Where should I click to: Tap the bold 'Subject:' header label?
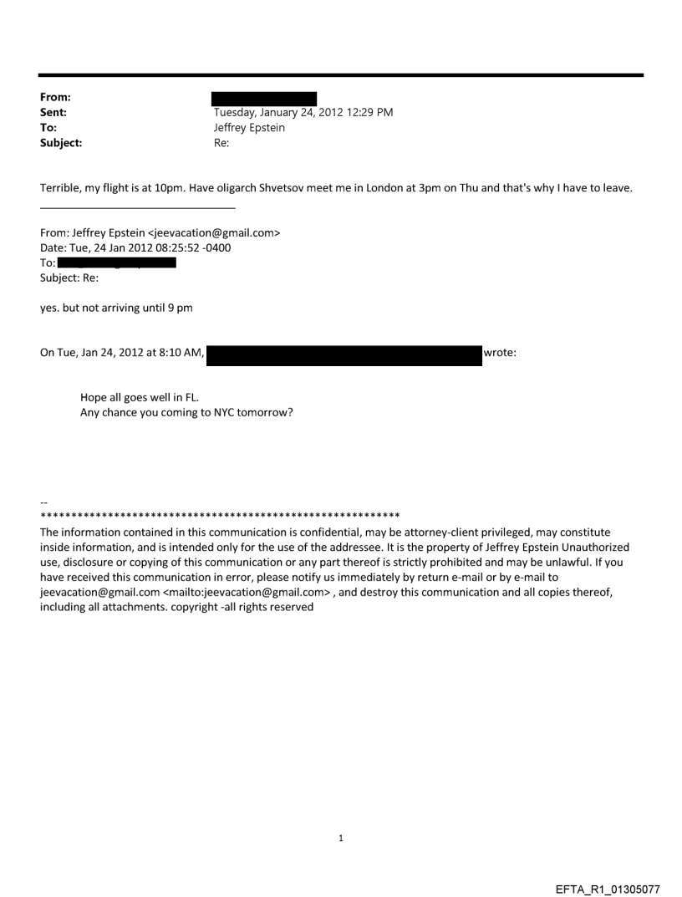tap(59, 143)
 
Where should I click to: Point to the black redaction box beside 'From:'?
tap(264, 99)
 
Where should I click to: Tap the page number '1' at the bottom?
tap(341, 838)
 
